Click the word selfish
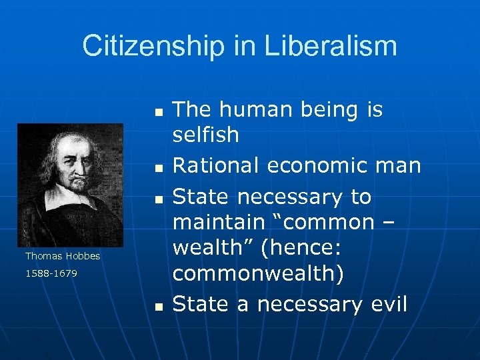(205, 135)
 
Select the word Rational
(211, 165)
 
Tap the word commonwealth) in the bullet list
(258, 273)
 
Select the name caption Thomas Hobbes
(63, 256)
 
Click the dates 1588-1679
(51, 273)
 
